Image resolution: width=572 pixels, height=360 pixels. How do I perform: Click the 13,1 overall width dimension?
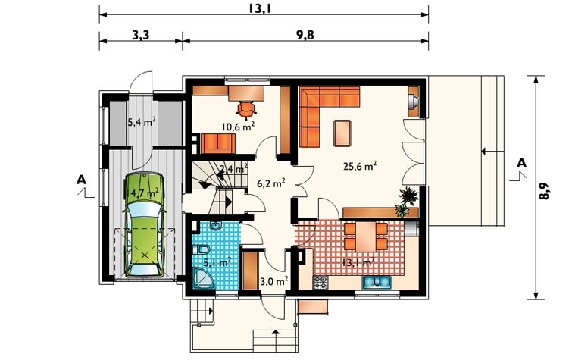[260, 8]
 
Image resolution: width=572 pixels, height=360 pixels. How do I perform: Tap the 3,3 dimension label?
[140, 35]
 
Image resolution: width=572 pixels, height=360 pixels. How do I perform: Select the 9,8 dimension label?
[305, 35]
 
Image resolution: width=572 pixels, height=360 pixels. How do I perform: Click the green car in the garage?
[145, 224]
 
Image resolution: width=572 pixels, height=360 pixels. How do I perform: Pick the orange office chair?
[246, 109]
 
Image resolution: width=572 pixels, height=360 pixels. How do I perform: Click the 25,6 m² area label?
[360, 166]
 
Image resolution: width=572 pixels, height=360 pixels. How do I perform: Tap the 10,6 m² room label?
[238, 127]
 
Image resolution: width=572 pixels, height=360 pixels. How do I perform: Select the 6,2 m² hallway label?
[271, 183]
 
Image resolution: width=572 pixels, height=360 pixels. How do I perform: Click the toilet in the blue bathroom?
[202, 250]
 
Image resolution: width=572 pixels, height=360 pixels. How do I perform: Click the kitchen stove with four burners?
[320, 283]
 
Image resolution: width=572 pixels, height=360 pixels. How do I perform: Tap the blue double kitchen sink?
[377, 282]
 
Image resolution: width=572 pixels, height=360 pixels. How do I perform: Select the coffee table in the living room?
[342, 133]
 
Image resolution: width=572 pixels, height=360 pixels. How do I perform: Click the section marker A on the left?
[82, 180]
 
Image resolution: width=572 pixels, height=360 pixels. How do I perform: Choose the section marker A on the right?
[522, 163]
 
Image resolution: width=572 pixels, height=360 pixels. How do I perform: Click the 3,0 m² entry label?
[274, 281]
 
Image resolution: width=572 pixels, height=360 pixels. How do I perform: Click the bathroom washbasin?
[216, 227]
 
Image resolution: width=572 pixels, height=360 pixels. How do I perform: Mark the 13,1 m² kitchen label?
[358, 262]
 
